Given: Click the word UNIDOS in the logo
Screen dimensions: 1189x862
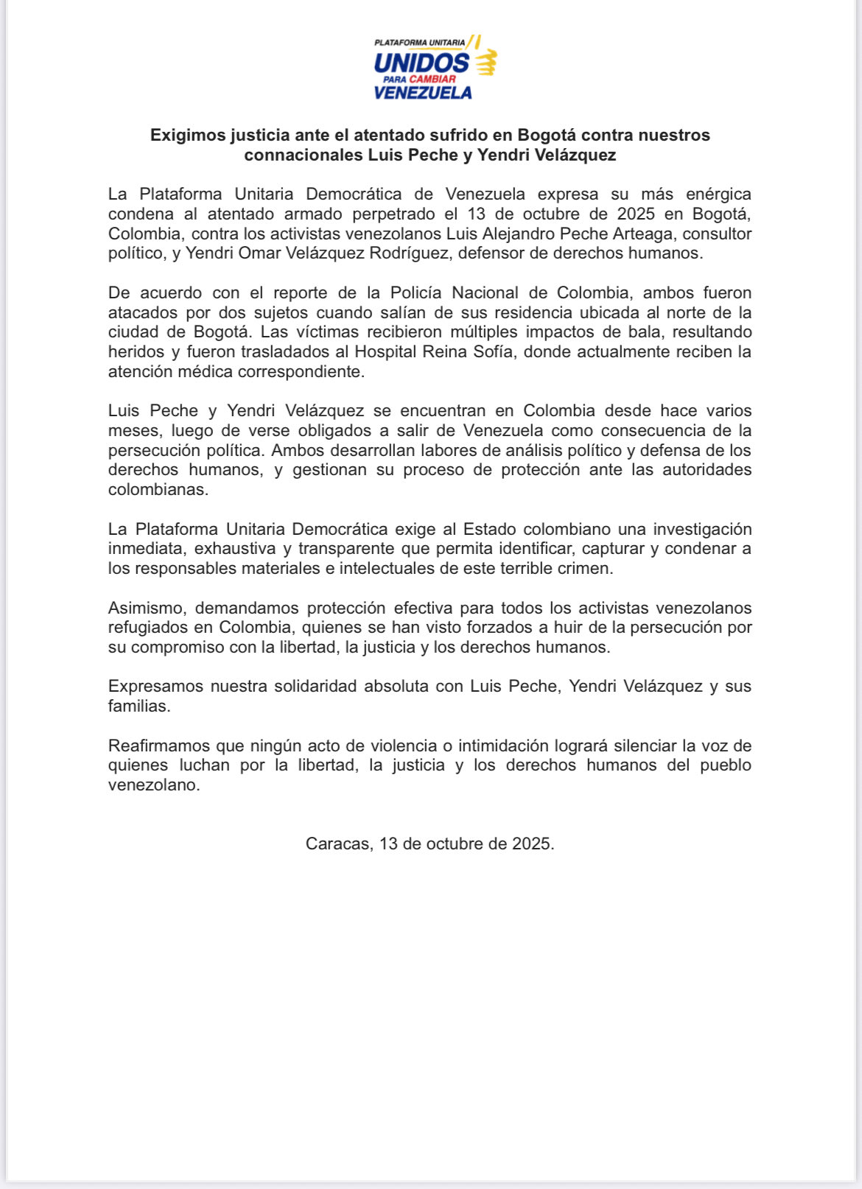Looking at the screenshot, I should [421, 63].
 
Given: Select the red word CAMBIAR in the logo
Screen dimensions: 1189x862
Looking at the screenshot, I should [432, 79].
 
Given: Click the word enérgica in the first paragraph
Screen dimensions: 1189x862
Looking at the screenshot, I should [718, 194].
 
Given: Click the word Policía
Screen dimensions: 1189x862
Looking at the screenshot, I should [417, 293].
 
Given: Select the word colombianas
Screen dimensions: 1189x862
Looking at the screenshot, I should [158, 490].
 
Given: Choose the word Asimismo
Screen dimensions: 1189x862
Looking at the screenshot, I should [149, 608].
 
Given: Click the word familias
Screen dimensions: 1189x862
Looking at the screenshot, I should [139, 706].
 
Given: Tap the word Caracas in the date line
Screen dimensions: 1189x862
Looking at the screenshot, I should [339, 844].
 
